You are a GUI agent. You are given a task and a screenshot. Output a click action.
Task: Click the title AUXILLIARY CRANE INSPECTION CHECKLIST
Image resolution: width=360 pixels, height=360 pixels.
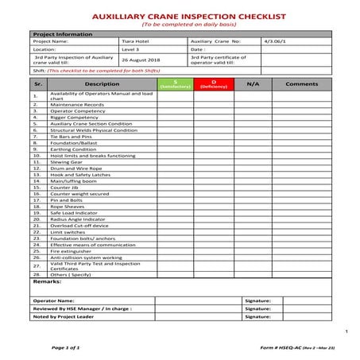pyautogui.click(x=180, y=15)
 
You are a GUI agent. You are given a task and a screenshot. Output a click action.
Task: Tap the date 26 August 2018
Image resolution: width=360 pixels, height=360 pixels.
pyautogui.click(x=141, y=59)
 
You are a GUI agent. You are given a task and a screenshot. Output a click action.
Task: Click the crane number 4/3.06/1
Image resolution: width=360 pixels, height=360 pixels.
pyautogui.click(x=275, y=41)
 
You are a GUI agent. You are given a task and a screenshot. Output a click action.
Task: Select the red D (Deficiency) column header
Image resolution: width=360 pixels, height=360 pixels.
pyautogui.click(x=214, y=83)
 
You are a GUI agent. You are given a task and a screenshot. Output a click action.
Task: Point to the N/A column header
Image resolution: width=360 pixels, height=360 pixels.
pyautogui.click(x=253, y=83)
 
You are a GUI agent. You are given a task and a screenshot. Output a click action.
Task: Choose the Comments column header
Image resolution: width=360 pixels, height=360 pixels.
pyautogui.click(x=302, y=83)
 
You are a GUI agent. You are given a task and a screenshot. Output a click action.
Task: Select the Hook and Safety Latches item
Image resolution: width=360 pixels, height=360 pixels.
pyautogui.click(x=80, y=175)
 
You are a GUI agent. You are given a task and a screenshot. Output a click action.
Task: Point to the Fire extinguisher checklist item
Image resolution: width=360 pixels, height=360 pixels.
pyautogui.click(x=74, y=251)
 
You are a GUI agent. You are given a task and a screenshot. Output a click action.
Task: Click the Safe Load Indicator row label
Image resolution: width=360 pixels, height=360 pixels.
pyautogui.click(x=75, y=213)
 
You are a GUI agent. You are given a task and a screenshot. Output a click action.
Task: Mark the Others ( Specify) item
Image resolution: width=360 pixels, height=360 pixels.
pyautogui.click(x=72, y=273)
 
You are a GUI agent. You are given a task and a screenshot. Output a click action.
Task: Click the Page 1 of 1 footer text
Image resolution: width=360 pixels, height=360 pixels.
pyautogui.click(x=66, y=348)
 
